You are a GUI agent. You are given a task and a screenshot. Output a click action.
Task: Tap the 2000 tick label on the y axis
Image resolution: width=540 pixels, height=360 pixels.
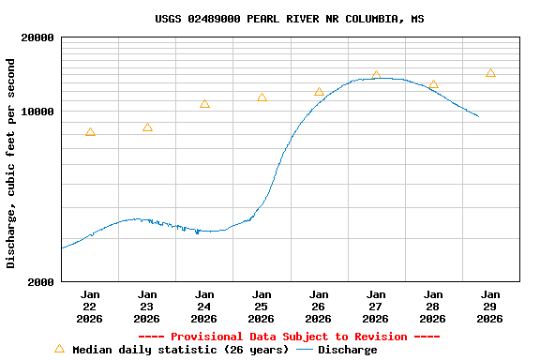click(x=43, y=281)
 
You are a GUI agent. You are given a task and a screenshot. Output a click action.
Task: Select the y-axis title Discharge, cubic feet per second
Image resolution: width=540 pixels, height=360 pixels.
click(x=11, y=163)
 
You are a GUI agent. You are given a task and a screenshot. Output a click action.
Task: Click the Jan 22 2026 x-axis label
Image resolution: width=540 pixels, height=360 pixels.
click(x=90, y=307)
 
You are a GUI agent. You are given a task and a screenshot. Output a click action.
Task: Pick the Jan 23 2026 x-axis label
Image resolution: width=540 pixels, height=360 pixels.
click(x=147, y=307)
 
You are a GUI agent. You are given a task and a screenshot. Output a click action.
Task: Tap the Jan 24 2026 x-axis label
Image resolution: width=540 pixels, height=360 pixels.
click(x=204, y=307)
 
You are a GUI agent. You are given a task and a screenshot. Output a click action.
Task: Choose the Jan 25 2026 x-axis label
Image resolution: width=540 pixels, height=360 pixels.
click(x=262, y=307)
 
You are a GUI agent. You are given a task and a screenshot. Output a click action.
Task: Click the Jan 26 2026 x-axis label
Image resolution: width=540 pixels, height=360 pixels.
click(x=319, y=307)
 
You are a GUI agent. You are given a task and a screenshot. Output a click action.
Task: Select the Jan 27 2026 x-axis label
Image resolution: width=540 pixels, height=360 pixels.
click(x=376, y=307)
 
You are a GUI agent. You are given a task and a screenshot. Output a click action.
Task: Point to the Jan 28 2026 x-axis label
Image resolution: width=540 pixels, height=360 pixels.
click(x=433, y=307)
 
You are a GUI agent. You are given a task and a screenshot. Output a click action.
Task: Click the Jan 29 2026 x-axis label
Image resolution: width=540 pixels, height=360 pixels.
click(x=490, y=307)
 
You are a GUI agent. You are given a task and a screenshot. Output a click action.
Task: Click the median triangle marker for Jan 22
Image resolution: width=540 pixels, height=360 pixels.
click(x=90, y=132)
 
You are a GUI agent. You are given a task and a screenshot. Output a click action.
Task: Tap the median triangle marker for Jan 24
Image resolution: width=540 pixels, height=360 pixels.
click(x=204, y=104)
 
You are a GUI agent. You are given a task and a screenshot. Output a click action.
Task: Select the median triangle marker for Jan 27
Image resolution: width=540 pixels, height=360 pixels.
click(x=376, y=75)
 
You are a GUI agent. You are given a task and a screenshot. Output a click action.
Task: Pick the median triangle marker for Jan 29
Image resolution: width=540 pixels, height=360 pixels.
click(x=490, y=72)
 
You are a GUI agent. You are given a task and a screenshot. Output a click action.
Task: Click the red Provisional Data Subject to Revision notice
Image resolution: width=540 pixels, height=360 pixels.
click(x=289, y=337)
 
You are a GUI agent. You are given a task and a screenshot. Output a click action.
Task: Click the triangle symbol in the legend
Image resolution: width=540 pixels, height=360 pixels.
click(x=59, y=349)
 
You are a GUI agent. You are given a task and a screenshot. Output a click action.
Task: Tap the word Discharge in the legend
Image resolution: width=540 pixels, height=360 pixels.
click(x=347, y=350)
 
